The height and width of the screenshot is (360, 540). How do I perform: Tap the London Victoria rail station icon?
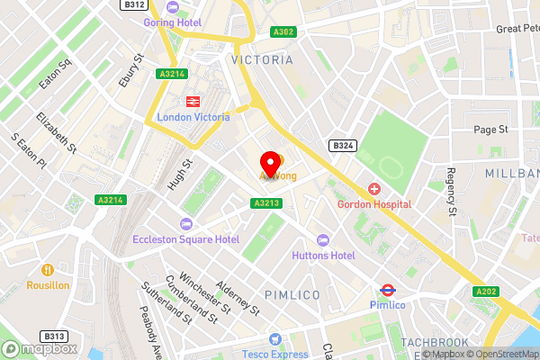(193, 102)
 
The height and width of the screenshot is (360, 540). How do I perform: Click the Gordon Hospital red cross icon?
(373, 189)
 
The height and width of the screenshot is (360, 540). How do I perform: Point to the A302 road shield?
(283, 31)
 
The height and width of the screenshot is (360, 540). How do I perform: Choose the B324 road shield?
(341, 145)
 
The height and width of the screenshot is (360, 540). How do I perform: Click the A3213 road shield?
(265, 203)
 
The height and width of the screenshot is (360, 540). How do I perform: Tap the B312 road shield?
(134, 4)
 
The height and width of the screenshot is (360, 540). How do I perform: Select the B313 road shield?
(54, 337)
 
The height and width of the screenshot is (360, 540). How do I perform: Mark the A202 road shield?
(487, 292)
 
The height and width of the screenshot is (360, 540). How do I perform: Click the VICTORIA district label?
(262, 59)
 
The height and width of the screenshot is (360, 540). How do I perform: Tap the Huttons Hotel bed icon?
(323, 239)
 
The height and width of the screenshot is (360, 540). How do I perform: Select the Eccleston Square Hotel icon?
(186, 223)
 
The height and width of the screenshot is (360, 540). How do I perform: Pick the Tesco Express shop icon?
(275, 339)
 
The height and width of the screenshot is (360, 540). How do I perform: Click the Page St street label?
(491, 130)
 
